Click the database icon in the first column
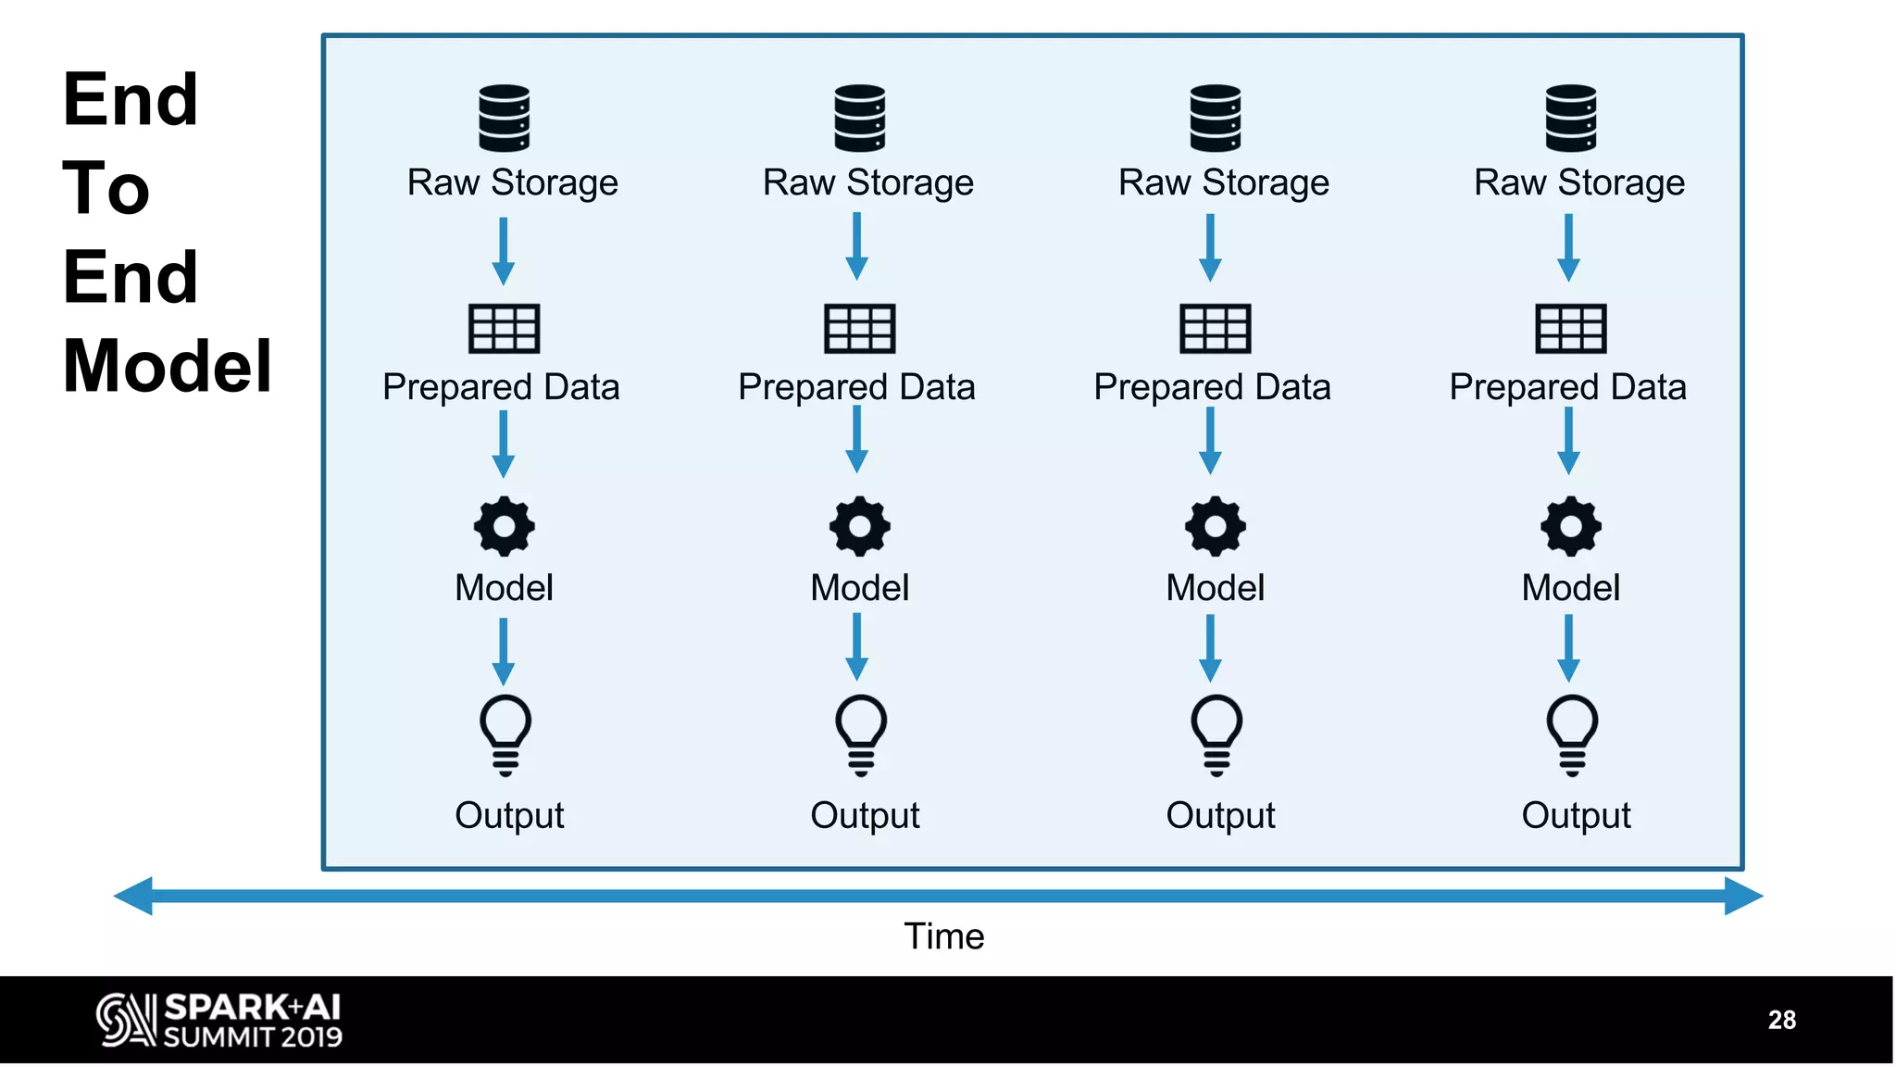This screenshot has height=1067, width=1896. (x=504, y=118)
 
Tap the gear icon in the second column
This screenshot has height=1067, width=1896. (x=860, y=526)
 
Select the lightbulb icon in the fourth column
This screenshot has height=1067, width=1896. (x=1572, y=734)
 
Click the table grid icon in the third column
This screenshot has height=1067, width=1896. (x=1216, y=328)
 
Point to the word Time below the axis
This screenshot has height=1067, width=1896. (x=943, y=936)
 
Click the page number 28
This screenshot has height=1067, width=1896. (x=1781, y=1020)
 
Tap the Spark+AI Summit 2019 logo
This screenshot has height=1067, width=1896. (x=219, y=1020)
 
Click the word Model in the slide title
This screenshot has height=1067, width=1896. (x=167, y=366)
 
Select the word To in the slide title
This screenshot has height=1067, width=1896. (x=106, y=188)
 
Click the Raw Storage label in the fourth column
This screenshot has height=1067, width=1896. (x=1579, y=182)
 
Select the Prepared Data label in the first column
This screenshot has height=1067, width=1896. (x=501, y=387)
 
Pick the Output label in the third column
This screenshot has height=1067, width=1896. (x=1220, y=815)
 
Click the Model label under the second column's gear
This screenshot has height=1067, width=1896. (x=860, y=587)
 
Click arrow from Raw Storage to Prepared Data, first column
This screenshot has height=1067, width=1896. (x=503, y=250)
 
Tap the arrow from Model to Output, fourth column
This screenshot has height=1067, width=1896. (x=1568, y=648)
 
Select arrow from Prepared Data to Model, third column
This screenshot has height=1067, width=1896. (x=1210, y=441)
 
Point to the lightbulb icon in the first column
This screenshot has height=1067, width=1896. (x=505, y=734)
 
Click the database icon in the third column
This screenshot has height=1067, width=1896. (x=1216, y=118)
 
